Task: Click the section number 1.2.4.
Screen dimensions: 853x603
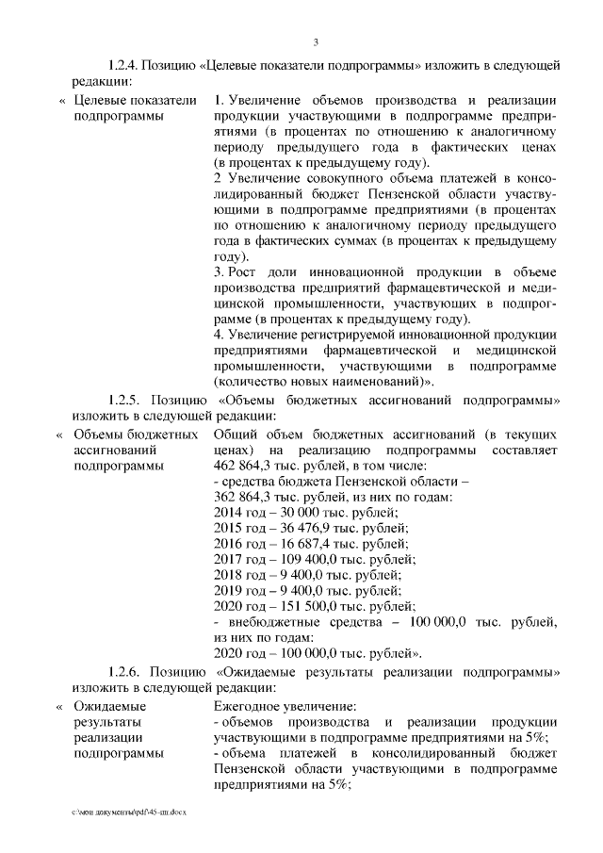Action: coord(125,65)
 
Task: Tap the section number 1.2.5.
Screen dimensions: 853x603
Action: coord(125,400)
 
